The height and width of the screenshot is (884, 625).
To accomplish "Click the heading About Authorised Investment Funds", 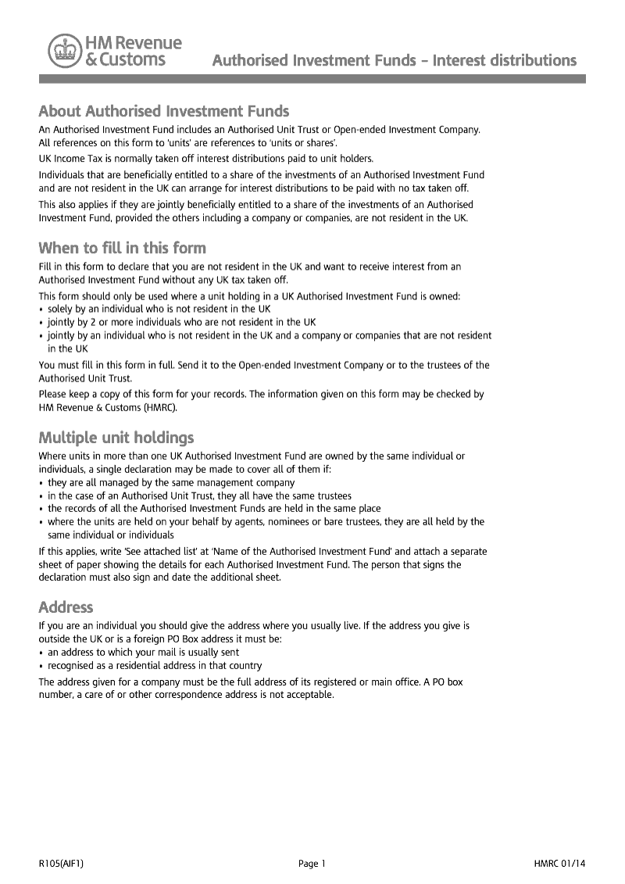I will click(164, 111).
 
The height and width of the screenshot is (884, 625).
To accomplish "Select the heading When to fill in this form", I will click(123, 249).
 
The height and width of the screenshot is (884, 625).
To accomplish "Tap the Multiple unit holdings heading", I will click(116, 437).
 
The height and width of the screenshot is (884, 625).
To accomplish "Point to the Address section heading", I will click(66, 607).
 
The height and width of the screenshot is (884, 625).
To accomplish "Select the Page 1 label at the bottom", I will click(312, 864).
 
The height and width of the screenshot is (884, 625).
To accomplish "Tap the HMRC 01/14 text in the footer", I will click(559, 864).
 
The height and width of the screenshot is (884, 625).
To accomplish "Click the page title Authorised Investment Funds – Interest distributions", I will click(395, 60).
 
